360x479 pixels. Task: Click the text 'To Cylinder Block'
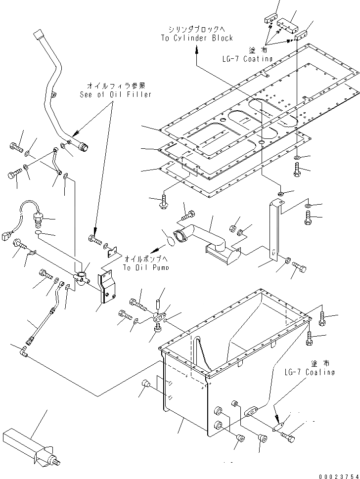click(x=197, y=38)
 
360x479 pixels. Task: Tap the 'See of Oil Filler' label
click(x=115, y=94)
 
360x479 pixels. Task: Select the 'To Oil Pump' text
click(x=146, y=267)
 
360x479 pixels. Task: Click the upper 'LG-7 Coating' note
click(x=247, y=59)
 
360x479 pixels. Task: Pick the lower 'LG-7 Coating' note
click(x=309, y=372)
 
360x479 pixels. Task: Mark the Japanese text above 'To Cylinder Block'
click(x=196, y=29)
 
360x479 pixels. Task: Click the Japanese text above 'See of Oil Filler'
click(x=115, y=86)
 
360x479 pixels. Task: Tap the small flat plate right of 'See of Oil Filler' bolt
click(x=113, y=253)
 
